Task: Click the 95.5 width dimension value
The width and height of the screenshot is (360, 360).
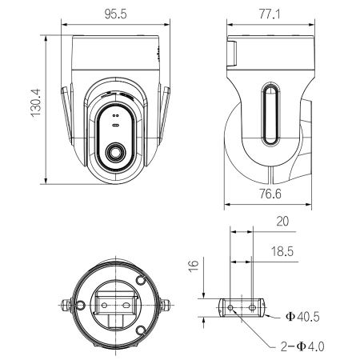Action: pyautogui.click(x=117, y=14)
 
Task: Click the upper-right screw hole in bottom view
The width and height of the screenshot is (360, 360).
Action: pyautogui.click(x=142, y=282)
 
